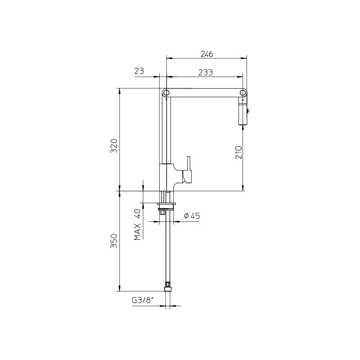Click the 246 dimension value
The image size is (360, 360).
point(207,54)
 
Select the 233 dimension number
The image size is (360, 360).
point(206,72)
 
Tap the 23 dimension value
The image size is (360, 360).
point(139,71)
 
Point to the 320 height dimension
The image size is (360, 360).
point(114,146)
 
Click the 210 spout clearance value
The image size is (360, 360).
point(239,152)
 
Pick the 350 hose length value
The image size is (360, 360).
point(114,241)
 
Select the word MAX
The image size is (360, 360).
point(137,231)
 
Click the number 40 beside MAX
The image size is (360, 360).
point(137,214)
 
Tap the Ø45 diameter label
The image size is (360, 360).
point(192,216)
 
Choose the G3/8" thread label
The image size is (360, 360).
point(142,300)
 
